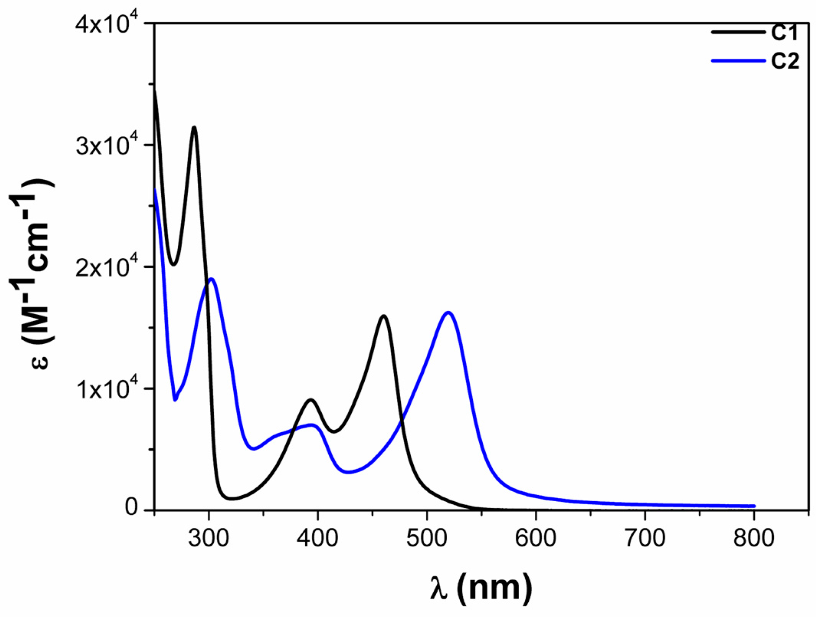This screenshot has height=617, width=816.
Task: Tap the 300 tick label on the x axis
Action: pyautogui.click(x=208, y=537)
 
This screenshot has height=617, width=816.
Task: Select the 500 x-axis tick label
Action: pyautogui.click(x=426, y=537)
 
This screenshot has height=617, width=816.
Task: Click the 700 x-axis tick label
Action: pyautogui.click(x=645, y=537)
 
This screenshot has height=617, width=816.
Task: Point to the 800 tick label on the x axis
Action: pyautogui.click(x=754, y=537)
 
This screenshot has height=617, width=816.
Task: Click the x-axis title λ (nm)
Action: pyautogui.click(x=481, y=589)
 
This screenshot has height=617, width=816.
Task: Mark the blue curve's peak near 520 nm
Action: pyautogui.click(x=448, y=313)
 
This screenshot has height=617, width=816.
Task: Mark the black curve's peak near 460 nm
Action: pyautogui.click(x=383, y=316)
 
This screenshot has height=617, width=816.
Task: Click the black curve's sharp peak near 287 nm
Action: pyautogui.click(x=195, y=128)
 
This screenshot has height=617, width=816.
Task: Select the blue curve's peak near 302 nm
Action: pyautogui.click(x=211, y=279)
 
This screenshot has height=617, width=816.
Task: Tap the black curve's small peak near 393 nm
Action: pyautogui.click(x=311, y=400)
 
